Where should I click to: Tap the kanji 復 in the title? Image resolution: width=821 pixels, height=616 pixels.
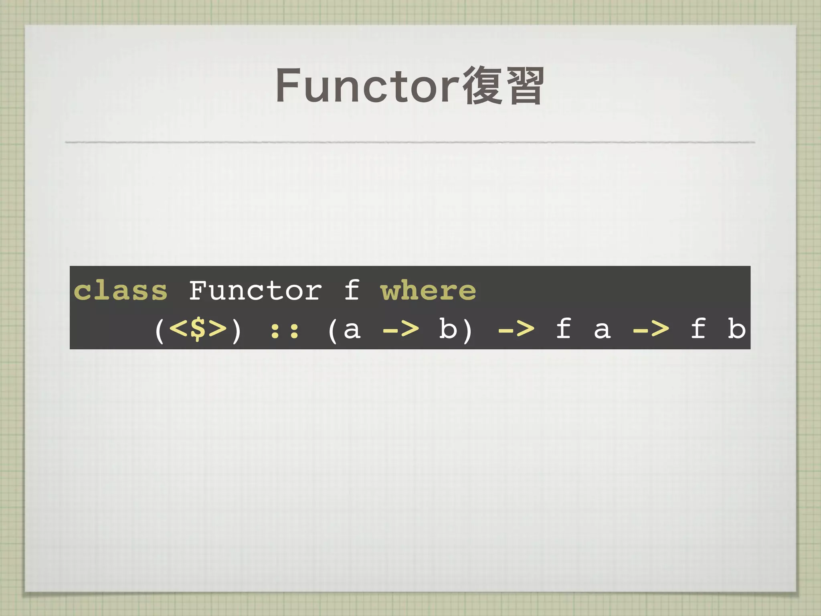coord(482,85)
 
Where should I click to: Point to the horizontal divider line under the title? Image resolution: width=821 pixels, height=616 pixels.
coord(410,142)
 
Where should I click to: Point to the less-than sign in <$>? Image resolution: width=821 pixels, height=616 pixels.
coord(178,329)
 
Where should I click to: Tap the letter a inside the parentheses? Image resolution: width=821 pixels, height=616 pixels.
coord(352,330)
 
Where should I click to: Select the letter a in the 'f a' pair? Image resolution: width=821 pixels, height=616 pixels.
coord(602,330)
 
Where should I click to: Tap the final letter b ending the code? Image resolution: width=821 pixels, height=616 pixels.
coord(736,329)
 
